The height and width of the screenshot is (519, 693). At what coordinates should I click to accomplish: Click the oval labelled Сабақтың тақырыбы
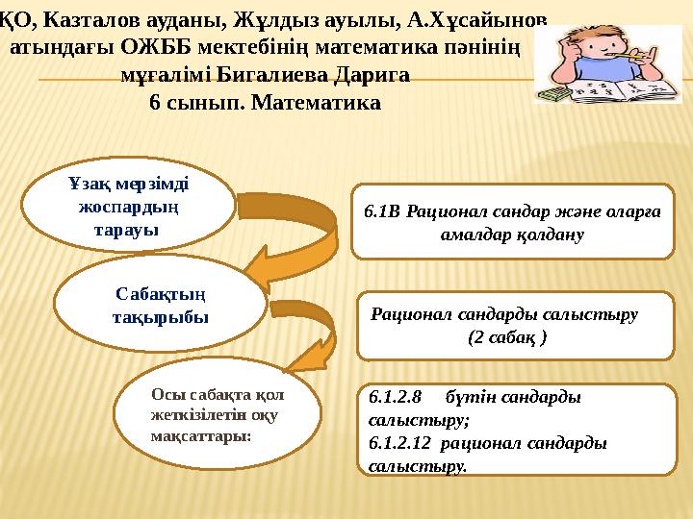click(160, 303)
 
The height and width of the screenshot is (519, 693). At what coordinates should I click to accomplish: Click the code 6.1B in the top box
click(383, 210)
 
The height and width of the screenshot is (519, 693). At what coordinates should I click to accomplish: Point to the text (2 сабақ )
click(507, 337)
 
